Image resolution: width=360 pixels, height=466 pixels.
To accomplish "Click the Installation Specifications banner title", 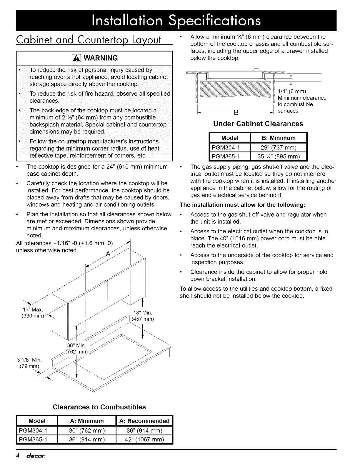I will click(x=176, y=20).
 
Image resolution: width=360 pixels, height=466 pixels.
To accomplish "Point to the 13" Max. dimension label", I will click(x=33, y=309).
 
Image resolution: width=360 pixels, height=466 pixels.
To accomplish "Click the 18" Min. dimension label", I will click(x=143, y=312).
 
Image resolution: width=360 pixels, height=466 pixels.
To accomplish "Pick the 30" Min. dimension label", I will click(x=76, y=345).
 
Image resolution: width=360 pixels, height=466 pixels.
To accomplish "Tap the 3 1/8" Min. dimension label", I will click(x=29, y=360).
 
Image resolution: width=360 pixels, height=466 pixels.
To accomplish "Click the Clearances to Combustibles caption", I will click(x=99, y=407).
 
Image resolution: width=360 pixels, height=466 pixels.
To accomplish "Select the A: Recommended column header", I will click(x=144, y=421).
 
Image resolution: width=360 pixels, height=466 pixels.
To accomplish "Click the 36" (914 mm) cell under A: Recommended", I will click(x=144, y=431).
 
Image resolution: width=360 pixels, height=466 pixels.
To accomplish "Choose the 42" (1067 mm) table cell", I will click(x=144, y=440).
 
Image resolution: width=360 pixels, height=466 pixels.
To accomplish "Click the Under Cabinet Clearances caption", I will click(x=258, y=124).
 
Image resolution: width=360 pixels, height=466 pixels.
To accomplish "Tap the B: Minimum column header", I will click(x=278, y=138).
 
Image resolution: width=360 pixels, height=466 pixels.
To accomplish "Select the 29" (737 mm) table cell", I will click(x=278, y=147).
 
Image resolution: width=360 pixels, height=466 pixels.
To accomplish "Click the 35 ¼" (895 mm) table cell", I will click(x=278, y=156).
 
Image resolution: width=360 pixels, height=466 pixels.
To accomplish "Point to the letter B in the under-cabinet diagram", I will click(x=235, y=112).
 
